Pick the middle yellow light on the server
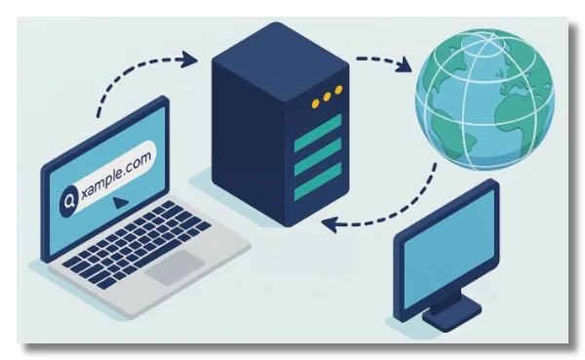click(327, 97)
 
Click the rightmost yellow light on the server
click(339, 91)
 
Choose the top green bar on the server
click(319, 127)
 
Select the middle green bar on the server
click(319, 151)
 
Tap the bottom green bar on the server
click(319, 176)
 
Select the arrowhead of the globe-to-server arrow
click(329, 225)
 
